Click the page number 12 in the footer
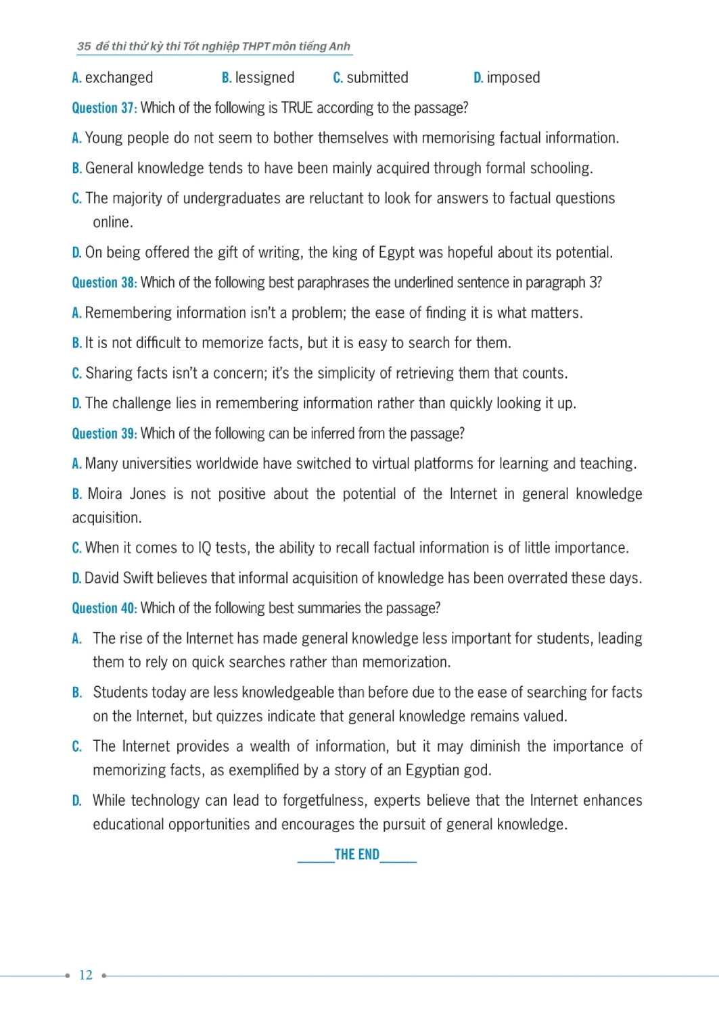pyautogui.click(x=86, y=975)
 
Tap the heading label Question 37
pyautogui.click(x=104, y=108)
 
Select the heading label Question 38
pyautogui.click(x=104, y=283)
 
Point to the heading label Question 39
pyautogui.click(x=104, y=434)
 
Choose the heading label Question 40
pyautogui.click(x=104, y=608)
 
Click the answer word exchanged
pyautogui.click(x=119, y=78)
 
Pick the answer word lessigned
pyautogui.click(x=264, y=78)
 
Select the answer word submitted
pyautogui.click(x=377, y=78)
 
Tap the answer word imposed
pyautogui.click(x=513, y=78)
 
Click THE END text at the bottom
pyautogui.click(x=357, y=854)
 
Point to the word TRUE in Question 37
pyautogui.click(x=297, y=108)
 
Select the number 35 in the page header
pyautogui.click(x=84, y=47)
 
